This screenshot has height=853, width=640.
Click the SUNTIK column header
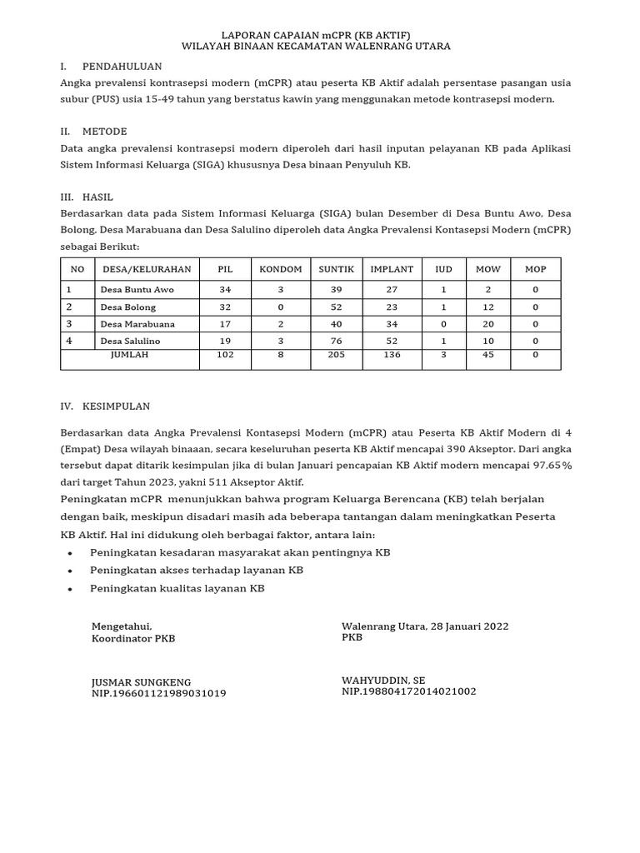[x=336, y=269]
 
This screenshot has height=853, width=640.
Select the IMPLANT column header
[x=392, y=269]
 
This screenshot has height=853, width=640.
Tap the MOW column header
[x=487, y=269]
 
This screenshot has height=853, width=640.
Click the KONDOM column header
[x=281, y=269]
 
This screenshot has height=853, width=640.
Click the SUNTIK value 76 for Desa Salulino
[x=336, y=341]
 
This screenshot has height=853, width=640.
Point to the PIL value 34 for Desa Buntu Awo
[x=225, y=290]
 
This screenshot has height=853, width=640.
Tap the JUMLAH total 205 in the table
[x=336, y=354]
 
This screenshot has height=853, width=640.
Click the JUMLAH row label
[x=129, y=354]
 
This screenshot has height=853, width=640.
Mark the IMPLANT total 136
[x=392, y=354]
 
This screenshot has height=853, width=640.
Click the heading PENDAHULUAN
[x=122, y=66]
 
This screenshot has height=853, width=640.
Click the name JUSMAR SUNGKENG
[x=141, y=681]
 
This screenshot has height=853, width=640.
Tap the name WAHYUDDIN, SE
[x=383, y=680]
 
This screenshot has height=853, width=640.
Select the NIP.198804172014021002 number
[x=408, y=691]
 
